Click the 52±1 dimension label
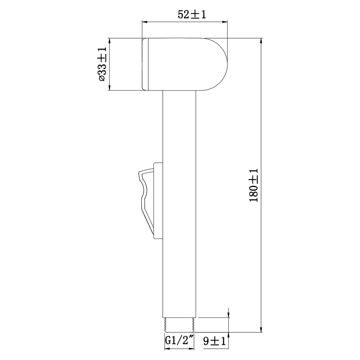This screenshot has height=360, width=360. [x=192, y=14]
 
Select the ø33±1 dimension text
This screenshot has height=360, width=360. [x=102, y=64]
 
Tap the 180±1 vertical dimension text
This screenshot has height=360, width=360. [x=254, y=185]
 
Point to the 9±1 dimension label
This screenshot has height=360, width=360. [x=214, y=341]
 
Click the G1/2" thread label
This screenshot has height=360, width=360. [x=180, y=340]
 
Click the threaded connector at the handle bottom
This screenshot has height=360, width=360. [x=179, y=325]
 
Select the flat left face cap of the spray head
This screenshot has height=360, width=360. [x=145, y=64]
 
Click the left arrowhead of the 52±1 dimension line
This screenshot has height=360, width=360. [x=144, y=22]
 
